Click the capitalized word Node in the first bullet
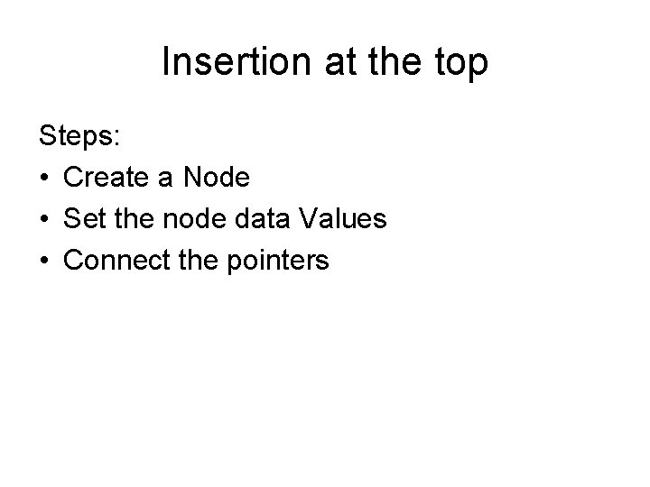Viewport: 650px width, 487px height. tap(217, 179)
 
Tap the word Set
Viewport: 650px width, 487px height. tap(86, 220)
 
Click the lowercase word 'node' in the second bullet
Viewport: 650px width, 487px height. tap(194, 220)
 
